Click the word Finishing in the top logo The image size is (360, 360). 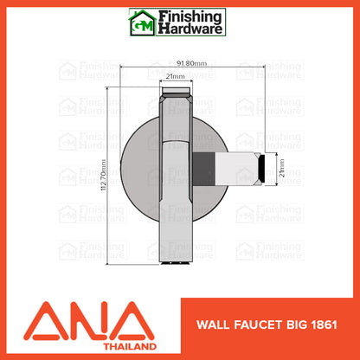(190, 15)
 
